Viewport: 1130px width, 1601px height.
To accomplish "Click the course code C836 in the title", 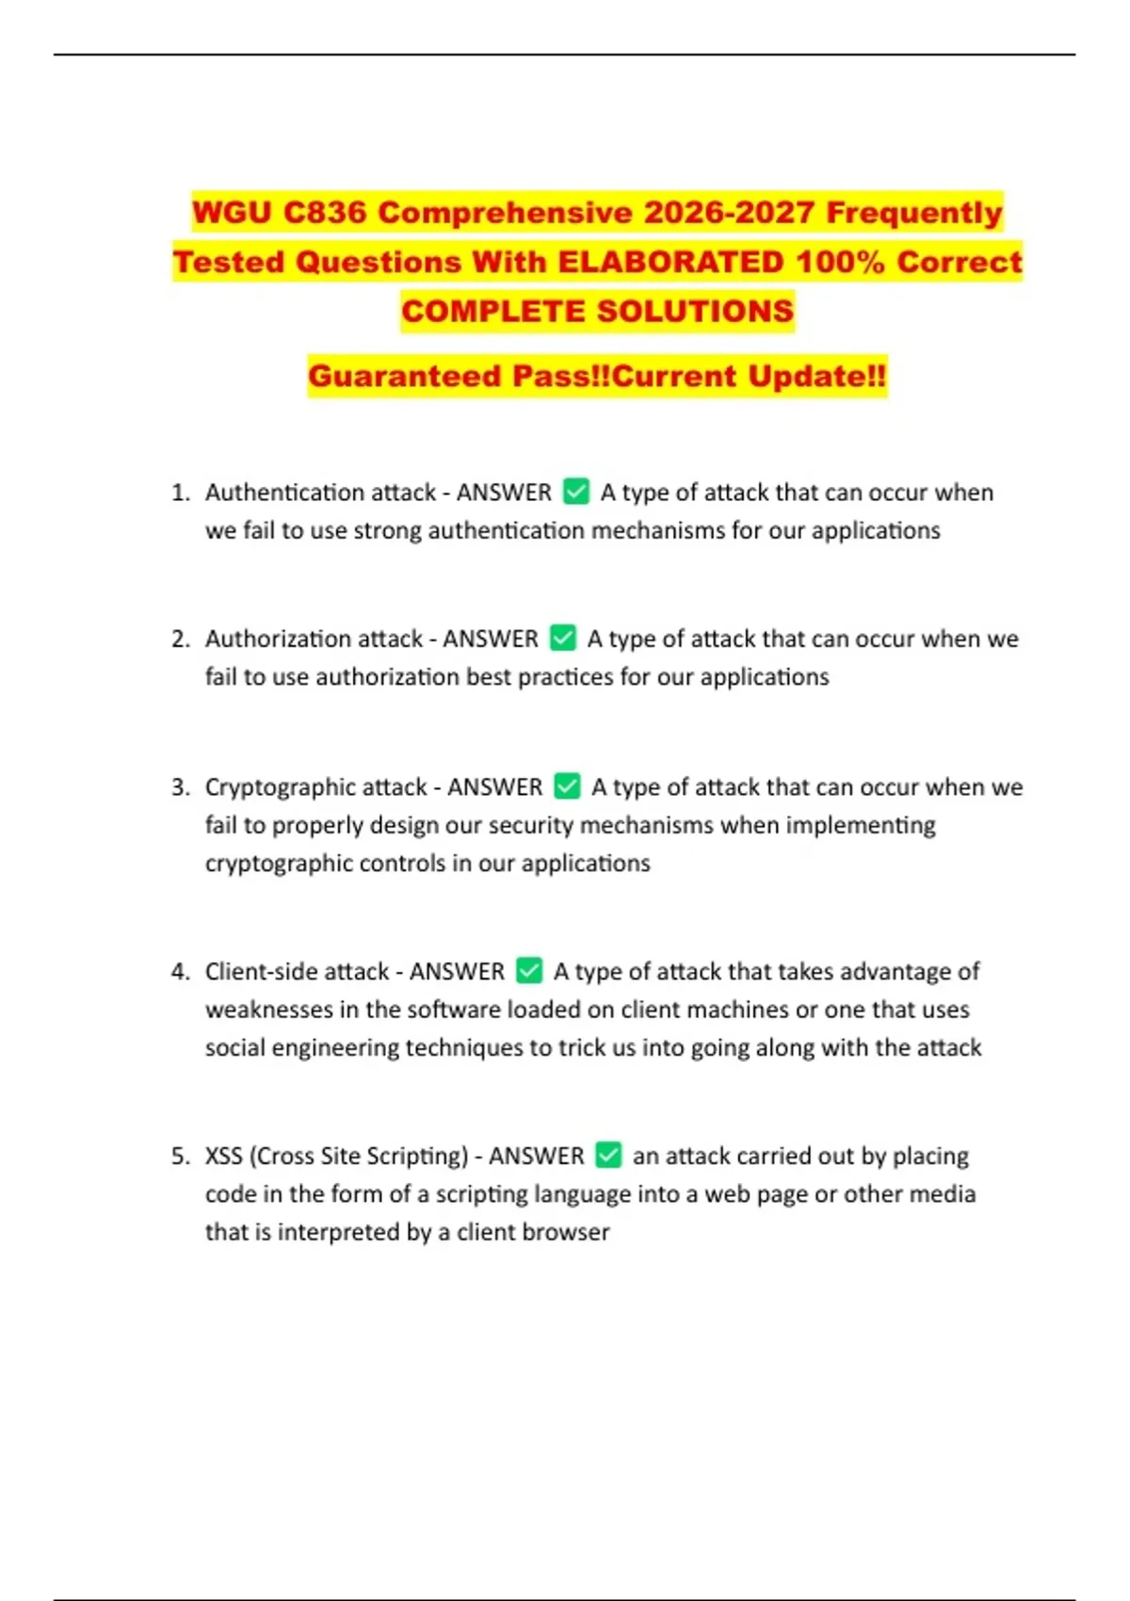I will pyautogui.click(x=324, y=213).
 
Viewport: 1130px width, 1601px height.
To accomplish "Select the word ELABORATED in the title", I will pyautogui.click(x=670, y=262).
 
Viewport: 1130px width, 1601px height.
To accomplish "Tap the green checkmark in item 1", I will pyautogui.click(x=576, y=492).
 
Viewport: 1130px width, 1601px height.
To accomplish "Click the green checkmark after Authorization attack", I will pyautogui.click(x=563, y=639).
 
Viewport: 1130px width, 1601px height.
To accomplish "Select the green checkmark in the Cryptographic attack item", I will pyautogui.click(x=567, y=786).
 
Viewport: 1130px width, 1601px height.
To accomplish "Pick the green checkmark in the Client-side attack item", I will pyautogui.click(x=530, y=971).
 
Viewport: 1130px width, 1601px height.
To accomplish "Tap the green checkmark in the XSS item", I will pyautogui.click(x=609, y=1156).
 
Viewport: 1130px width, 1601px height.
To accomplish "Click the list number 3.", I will pyautogui.click(x=181, y=787).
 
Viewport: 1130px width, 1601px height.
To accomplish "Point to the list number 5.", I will pyautogui.click(x=181, y=1156).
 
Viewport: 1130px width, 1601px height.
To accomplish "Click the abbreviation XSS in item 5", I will pyautogui.click(x=223, y=1156).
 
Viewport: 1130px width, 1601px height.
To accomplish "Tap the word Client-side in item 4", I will pyautogui.click(x=250, y=972).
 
